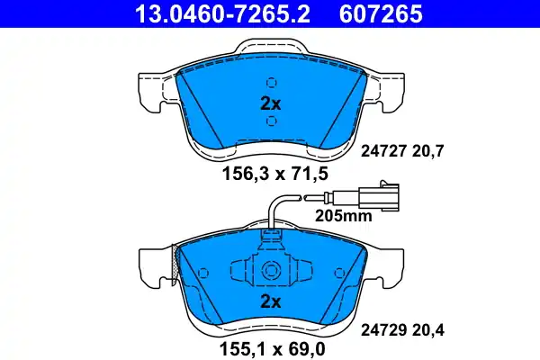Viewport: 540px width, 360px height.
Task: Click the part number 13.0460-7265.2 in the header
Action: tap(222, 13)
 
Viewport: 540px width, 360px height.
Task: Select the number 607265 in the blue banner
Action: tap(381, 13)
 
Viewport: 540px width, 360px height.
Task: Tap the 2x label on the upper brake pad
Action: tap(270, 103)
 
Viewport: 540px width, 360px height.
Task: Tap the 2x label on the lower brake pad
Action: tap(270, 301)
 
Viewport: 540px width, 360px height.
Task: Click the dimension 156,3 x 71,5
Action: tap(275, 174)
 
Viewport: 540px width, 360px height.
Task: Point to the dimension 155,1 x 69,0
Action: tap(272, 349)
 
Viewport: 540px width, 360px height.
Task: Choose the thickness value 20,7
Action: tap(427, 151)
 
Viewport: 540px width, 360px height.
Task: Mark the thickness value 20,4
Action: tap(427, 331)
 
